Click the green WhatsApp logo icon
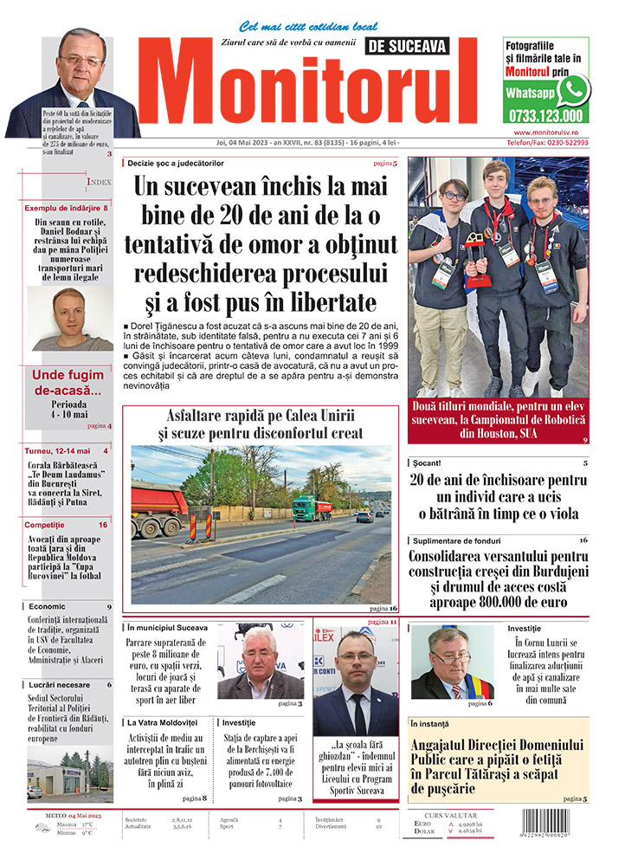572,90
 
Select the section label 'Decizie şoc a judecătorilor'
176,163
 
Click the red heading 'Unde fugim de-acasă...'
67,383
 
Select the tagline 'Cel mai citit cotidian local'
309,27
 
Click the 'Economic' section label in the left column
47,606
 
